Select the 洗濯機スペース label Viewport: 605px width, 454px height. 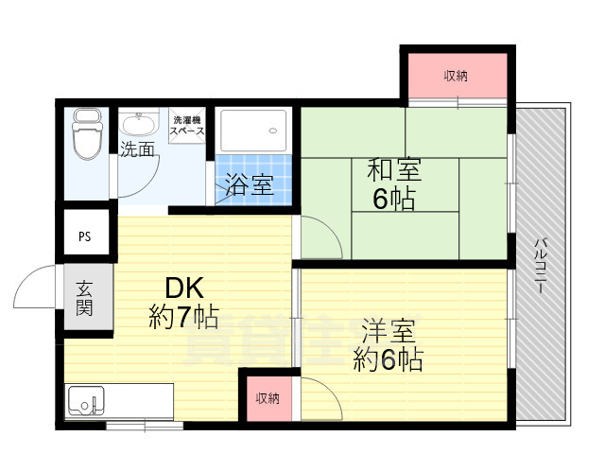187,126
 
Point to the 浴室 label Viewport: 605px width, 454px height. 250,184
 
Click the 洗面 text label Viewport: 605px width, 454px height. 137,149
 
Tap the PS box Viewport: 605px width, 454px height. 85,236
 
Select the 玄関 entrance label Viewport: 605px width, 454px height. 84,298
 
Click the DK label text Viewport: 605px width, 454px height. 184,287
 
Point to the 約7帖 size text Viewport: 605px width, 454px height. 184,316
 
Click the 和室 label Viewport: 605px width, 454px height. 394,172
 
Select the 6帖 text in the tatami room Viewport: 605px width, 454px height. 394,201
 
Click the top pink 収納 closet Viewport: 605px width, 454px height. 456,76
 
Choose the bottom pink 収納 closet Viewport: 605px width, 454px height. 268,398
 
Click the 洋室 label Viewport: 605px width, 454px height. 388,332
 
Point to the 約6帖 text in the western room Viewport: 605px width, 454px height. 388,359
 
